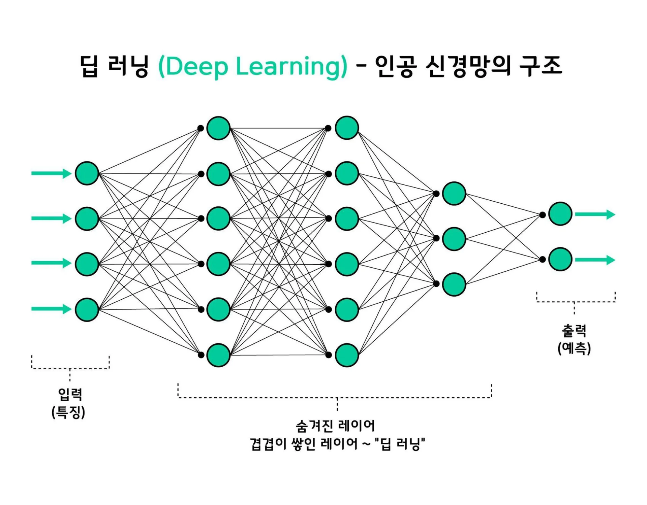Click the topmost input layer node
[x=87, y=173]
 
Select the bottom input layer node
[x=87, y=309]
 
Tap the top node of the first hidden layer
[x=218, y=128]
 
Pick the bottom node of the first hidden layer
[x=218, y=355]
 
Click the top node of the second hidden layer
[x=347, y=128]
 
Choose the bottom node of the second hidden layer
[x=347, y=355]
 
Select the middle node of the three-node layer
[x=454, y=239]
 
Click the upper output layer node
[x=560, y=214]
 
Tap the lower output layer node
[x=560, y=259]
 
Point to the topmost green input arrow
[x=51, y=173]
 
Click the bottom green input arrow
[x=51, y=309]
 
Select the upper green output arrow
[x=595, y=214]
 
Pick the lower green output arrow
[x=595, y=260]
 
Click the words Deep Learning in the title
[x=253, y=66]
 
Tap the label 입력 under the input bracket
[x=70, y=394]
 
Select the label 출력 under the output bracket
[x=574, y=331]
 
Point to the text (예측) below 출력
[x=574, y=348]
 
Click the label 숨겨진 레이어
[x=335, y=426]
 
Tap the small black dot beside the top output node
[x=542, y=215]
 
